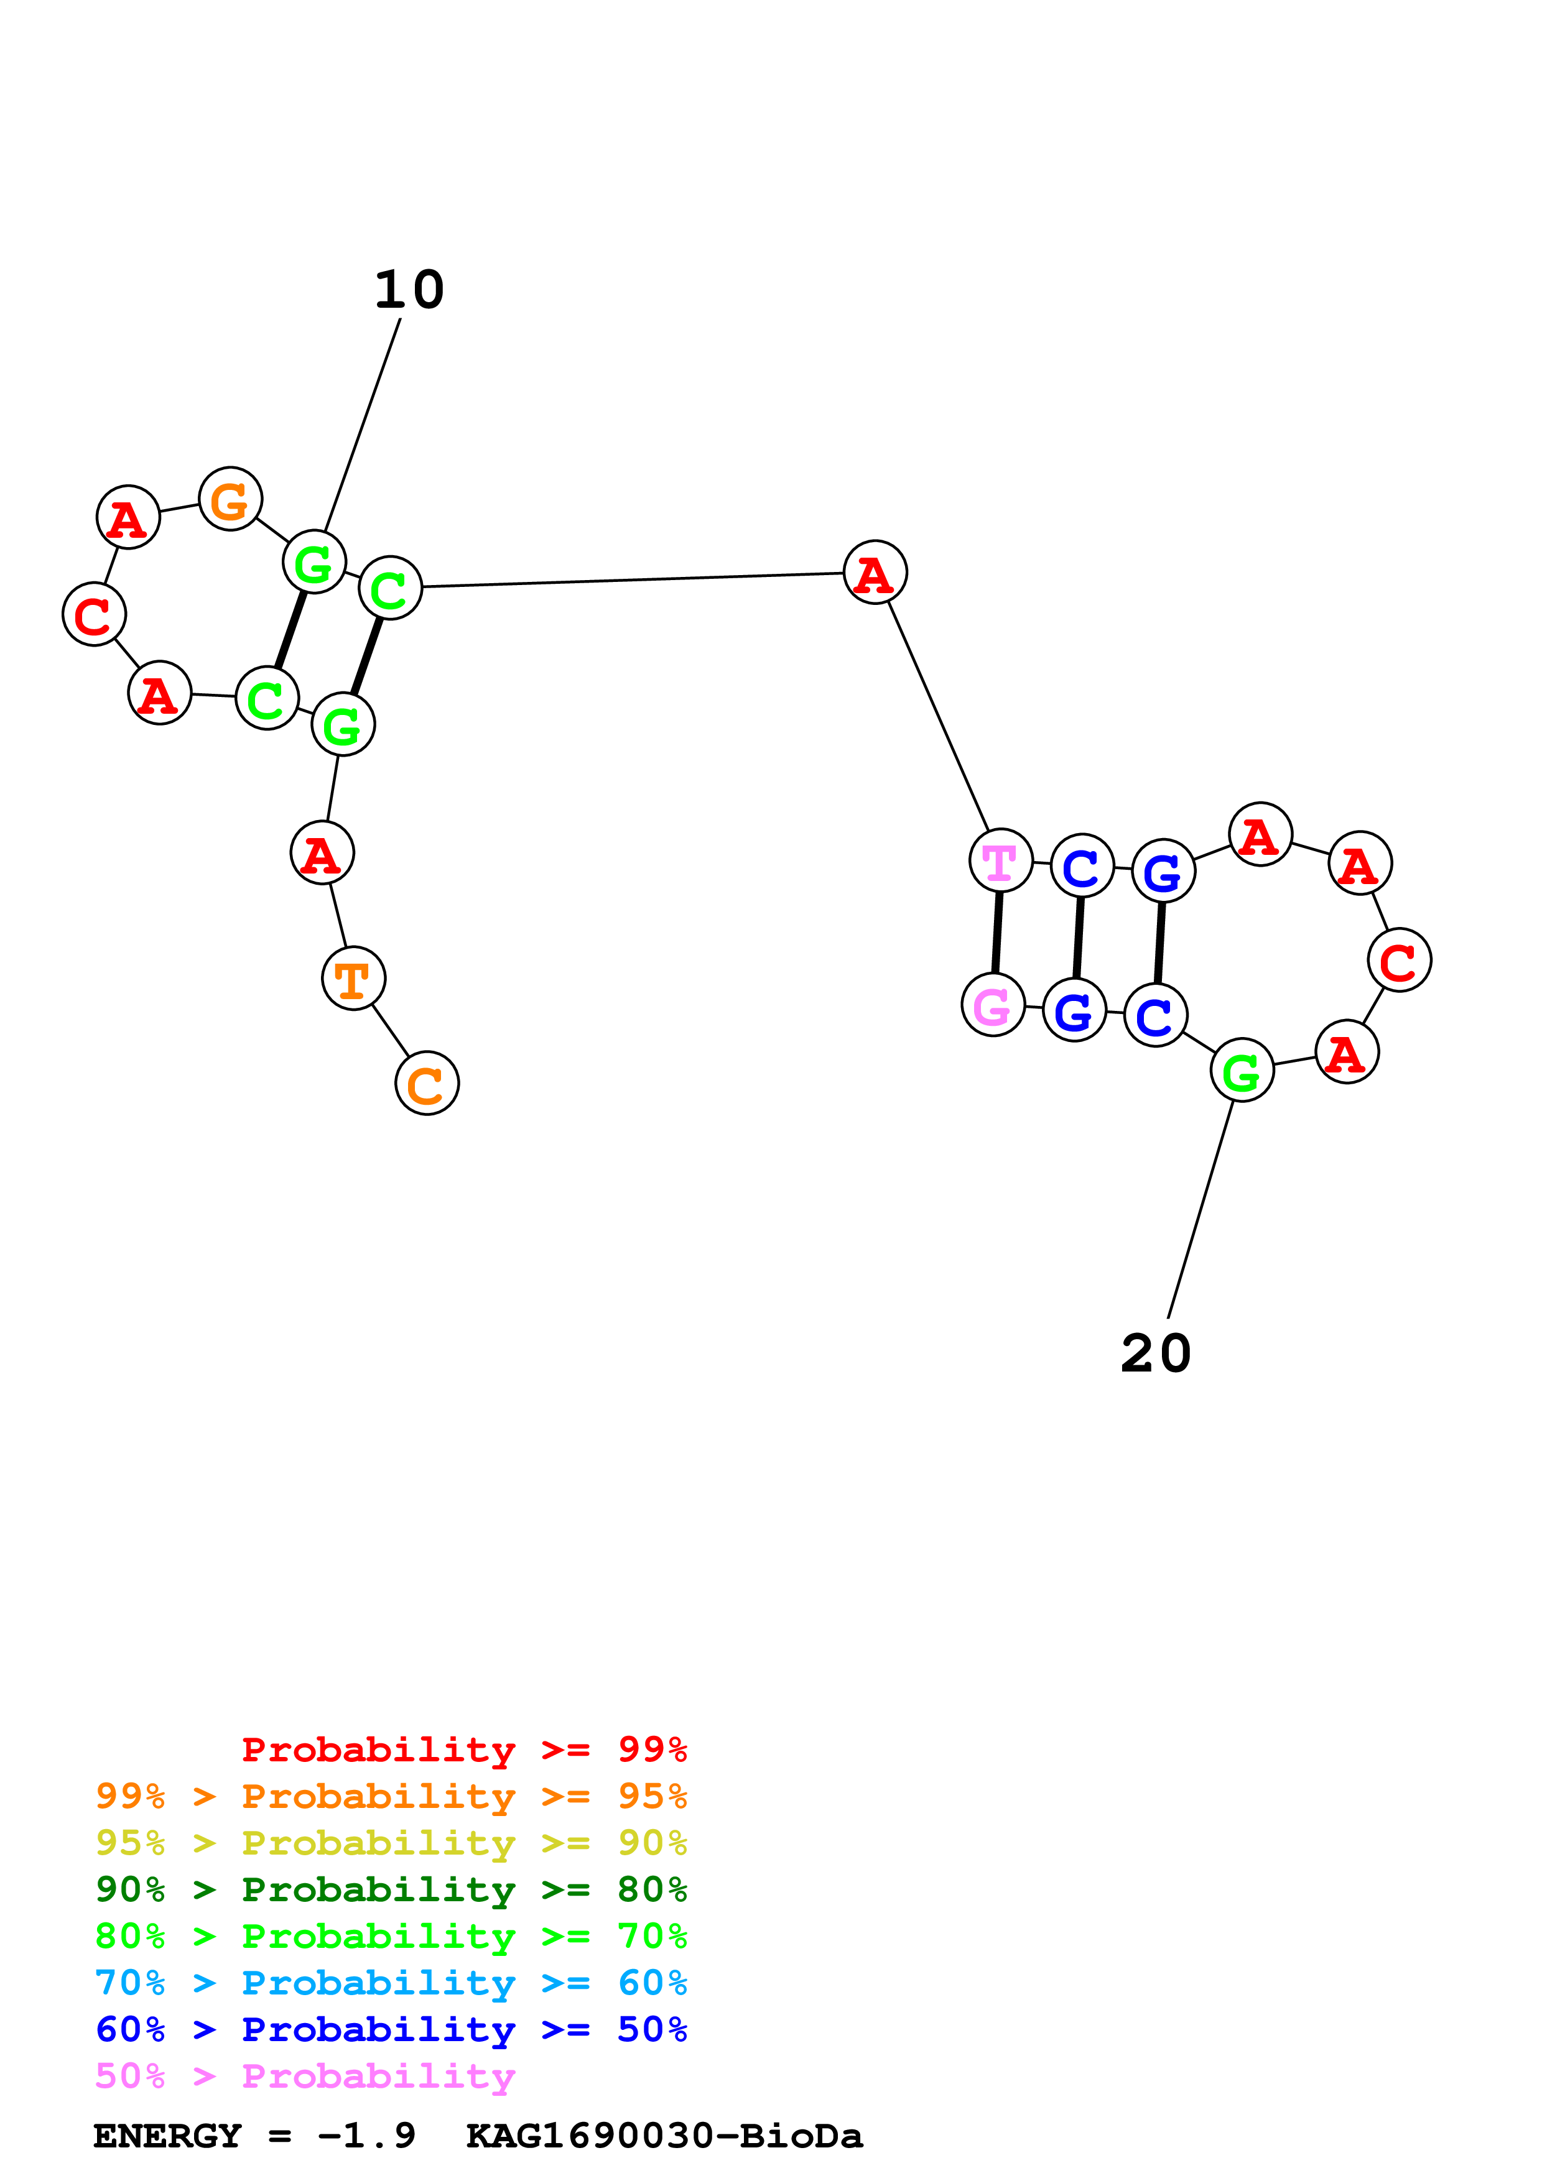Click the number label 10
coord(409,290)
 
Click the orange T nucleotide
coord(353,979)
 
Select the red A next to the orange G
coord(128,518)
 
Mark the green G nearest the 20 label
coord(1242,1071)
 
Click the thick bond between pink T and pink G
coord(996,933)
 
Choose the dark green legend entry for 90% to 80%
coord(391,1890)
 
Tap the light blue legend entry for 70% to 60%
coord(391,1983)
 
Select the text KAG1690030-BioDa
coord(664,2136)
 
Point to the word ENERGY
coord(167,2136)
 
